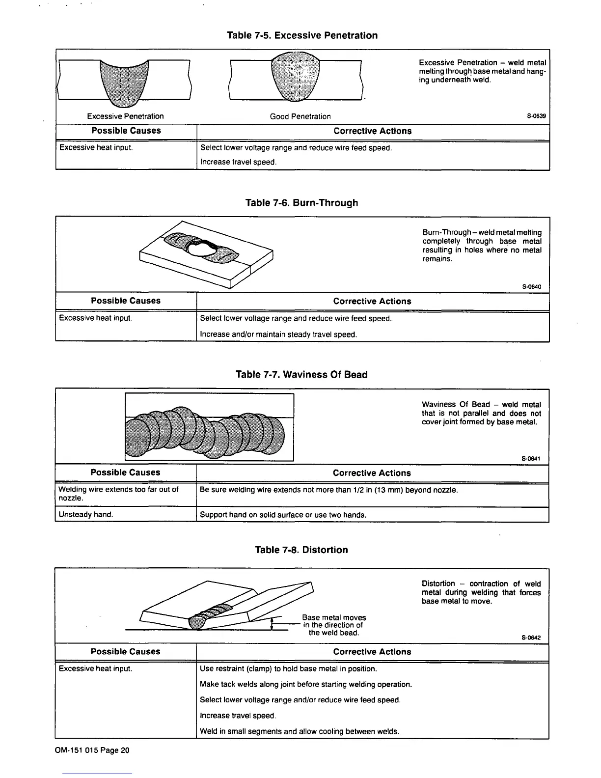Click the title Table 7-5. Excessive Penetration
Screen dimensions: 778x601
[x=302, y=35]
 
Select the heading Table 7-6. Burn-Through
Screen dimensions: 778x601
[x=301, y=203]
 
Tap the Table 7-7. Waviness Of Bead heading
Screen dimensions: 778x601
[x=301, y=375]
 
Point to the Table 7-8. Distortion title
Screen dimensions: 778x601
[x=301, y=550]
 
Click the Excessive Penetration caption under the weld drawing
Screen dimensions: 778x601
[x=125, y=116]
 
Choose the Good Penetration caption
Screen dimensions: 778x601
[x=300, y=116]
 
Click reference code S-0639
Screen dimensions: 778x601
[x=536, y=117]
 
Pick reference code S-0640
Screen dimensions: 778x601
[x=531, y=287]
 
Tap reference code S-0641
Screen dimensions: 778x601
[x=531, y=459]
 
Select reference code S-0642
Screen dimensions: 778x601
[x=531, y=638]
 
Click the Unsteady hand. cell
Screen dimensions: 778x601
[x=86, y=515]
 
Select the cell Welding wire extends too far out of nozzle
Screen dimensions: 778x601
[x=118, y=494]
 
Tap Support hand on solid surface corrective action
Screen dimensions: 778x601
[x=283, y=515]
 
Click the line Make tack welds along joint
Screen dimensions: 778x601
[x=305, y=684]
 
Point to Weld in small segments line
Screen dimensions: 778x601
[x=299, y=731]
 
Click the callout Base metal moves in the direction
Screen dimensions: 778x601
[x=334, y=625]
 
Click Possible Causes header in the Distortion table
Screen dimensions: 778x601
[x=125, y=652]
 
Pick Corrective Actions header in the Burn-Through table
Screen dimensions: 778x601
[x=372, y=301]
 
